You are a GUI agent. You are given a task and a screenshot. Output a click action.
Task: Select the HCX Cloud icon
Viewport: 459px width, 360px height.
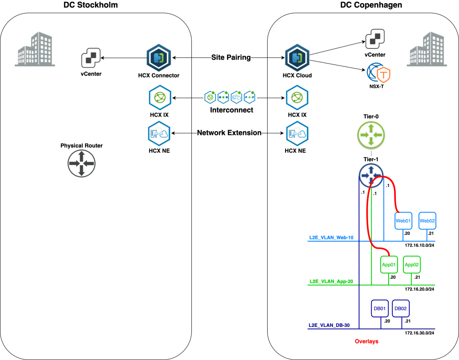pyautogui.click(x=295, y=58)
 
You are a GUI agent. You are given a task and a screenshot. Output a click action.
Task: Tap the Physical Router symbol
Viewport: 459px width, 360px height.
pyautogui.click(x=81, y=163)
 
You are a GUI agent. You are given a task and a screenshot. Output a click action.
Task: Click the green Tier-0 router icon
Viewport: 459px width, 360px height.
pyautogui.click(x=371, y=134)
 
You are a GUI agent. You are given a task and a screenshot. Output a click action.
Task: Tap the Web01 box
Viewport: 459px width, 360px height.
pyautogui.click(x=403, y=221)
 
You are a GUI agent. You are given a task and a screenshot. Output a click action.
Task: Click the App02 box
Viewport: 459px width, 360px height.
pyautogui.click(x=412, y=265)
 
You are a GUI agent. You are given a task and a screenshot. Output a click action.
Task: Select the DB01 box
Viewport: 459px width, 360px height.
pyautogui.click(x=380, y=308)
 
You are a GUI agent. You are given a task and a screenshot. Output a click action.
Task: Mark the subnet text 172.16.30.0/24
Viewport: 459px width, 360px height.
pyautogui.click(x=420, y=333)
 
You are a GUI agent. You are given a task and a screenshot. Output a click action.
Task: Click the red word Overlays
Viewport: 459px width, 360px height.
pyautogui.click(x=366, y=342)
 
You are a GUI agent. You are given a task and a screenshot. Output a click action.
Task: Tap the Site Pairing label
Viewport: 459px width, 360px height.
pyautogui.click(x=231, y=57)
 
